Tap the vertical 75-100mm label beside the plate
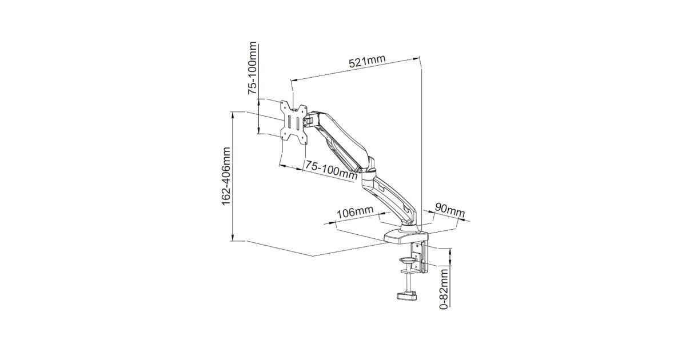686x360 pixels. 253,68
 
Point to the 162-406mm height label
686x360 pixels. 226,177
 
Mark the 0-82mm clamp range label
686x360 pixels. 444,288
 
